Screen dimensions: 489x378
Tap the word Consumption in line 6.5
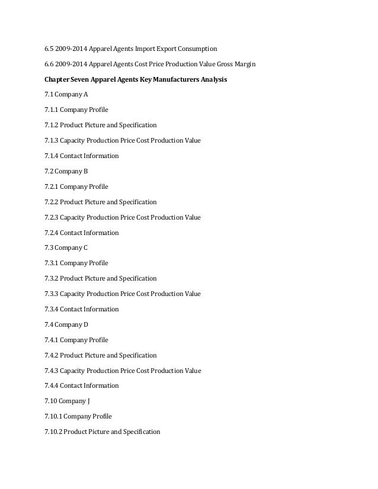tap(198, 48)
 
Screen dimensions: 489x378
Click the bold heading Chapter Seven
tap(68, 79)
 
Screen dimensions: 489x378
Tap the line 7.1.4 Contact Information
tap(81, 156)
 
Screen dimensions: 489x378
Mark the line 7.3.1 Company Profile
tap(76, 263)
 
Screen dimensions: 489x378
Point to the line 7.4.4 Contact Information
tap(81, 385)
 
